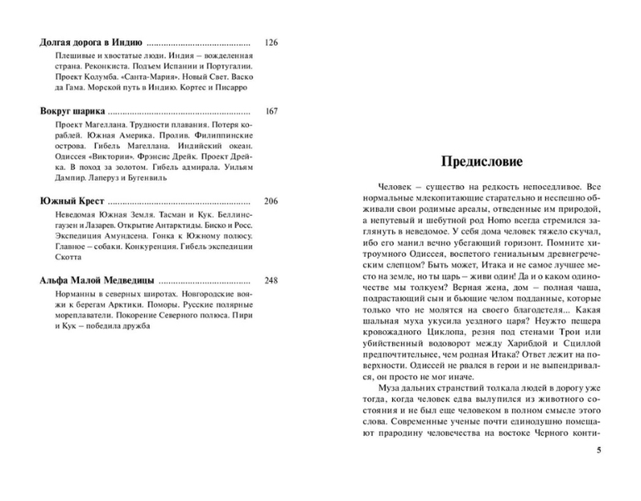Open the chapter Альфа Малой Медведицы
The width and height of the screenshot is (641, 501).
[97, 280]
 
